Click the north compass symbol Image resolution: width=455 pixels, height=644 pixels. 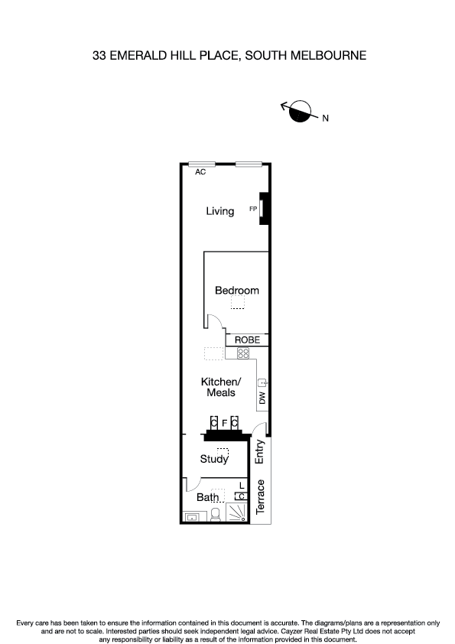coord(301,112)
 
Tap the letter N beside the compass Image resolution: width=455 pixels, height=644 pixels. coord(325,119)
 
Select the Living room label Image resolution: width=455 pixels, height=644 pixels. coord(219,211)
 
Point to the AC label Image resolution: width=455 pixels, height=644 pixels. coord(200,173)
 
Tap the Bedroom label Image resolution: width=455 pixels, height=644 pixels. coord(236,291)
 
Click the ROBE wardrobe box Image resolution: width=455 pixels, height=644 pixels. coord(246,340)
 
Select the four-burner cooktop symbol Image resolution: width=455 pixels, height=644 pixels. coord(243,353)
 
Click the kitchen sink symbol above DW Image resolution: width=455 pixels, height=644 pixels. coord(262,382)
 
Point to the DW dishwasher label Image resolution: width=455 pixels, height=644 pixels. coord(262,398)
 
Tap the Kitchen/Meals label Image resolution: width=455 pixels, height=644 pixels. coord(221,387)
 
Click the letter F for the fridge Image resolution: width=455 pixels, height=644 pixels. coord(224,422)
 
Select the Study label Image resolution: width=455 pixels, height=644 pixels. coord(214,459)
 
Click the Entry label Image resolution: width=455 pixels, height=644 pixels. coord(260,452)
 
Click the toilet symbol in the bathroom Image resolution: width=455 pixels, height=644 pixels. coord(215,515)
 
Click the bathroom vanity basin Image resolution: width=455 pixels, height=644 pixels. coord(191,516)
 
